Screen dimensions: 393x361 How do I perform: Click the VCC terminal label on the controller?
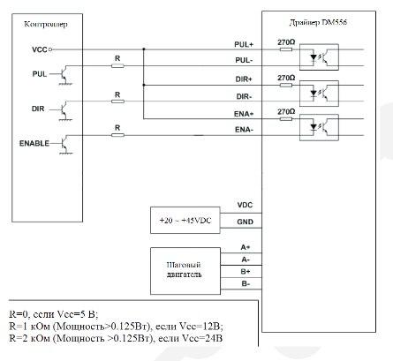pyautogui.click(x=40, y=49)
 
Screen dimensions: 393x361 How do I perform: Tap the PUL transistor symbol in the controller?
pyautogui.click(x=65, y=75)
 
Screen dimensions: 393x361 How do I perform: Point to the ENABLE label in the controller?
pyautogui.click(x=34, y=143)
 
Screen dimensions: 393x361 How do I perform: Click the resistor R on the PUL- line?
pyautogui.click(x=117, y=66)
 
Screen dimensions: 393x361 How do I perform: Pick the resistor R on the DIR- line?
pyautogui.click(x=117, y=102)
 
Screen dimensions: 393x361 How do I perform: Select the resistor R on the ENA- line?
pyautogui.click(x=117, y=135)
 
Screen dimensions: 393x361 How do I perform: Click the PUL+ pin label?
pyautogui.click(x=244, y=44)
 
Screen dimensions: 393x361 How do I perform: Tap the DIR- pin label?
pyautogui.click(x=244, y=96)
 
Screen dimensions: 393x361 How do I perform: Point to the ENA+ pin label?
pyautogui.click(x=244, y=114)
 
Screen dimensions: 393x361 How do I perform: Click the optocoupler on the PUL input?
pyautogui.click(x=319, y=57)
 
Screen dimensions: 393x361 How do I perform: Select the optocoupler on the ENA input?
pyautogui.click(x=319, y=127)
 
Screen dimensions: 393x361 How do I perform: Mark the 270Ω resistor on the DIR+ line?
pyautogui.click(x=286, y=86)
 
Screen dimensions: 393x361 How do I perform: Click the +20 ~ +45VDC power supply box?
pyautogui.click(x=185, y=221)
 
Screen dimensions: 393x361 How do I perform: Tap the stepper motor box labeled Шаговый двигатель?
pyautogui.click(x=185, y=271)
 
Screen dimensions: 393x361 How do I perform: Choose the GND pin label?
pyautogui.click(x=245, y=222)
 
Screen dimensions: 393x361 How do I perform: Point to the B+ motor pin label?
pyautogui.click(x=246, y=272)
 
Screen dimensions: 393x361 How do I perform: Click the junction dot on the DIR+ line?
pyautogui.click(x=144, y=85)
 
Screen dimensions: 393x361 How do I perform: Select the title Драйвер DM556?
pyautogui.click(x=318, y=23)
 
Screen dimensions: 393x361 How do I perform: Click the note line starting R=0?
pyautogui.click(x=54, y=314)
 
